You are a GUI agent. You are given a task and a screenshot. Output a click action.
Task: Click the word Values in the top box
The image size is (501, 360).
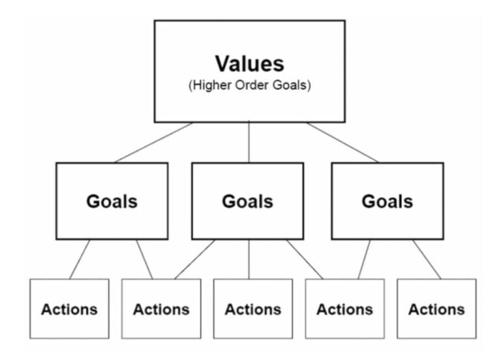249,64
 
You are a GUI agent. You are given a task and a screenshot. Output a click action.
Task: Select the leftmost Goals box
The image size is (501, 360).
112,201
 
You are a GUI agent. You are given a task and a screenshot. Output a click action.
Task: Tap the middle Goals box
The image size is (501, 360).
247,201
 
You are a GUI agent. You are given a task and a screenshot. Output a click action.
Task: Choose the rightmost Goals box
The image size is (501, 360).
387,201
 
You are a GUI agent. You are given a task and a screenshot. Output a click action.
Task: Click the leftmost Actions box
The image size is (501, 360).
69,308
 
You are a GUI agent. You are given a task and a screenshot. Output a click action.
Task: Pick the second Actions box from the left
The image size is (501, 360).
161,308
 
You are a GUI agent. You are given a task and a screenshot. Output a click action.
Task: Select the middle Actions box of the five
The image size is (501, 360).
252,308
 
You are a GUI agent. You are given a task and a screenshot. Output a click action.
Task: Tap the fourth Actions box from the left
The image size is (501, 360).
344,308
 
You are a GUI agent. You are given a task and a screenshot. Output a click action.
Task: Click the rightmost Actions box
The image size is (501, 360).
436,308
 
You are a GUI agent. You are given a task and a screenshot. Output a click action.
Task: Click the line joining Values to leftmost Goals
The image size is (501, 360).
154,142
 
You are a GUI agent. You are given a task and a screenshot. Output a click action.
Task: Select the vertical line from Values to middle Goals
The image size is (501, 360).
249,142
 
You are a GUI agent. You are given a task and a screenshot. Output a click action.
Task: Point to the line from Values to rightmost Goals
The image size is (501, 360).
342,142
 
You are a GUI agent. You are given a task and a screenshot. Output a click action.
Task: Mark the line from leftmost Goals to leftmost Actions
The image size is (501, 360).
80,259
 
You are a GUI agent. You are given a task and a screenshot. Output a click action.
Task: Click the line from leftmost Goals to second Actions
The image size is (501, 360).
144,259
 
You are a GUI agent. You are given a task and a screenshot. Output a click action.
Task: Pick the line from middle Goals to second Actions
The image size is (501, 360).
194,259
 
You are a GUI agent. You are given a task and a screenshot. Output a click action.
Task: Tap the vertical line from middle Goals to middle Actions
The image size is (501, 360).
249,259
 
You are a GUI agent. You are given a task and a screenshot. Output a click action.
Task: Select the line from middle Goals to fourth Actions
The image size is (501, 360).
304,259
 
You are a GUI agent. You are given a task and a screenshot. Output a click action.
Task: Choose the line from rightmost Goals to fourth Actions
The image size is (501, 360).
363,259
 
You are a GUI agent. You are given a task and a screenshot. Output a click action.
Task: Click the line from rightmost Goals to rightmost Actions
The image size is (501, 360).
426,259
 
